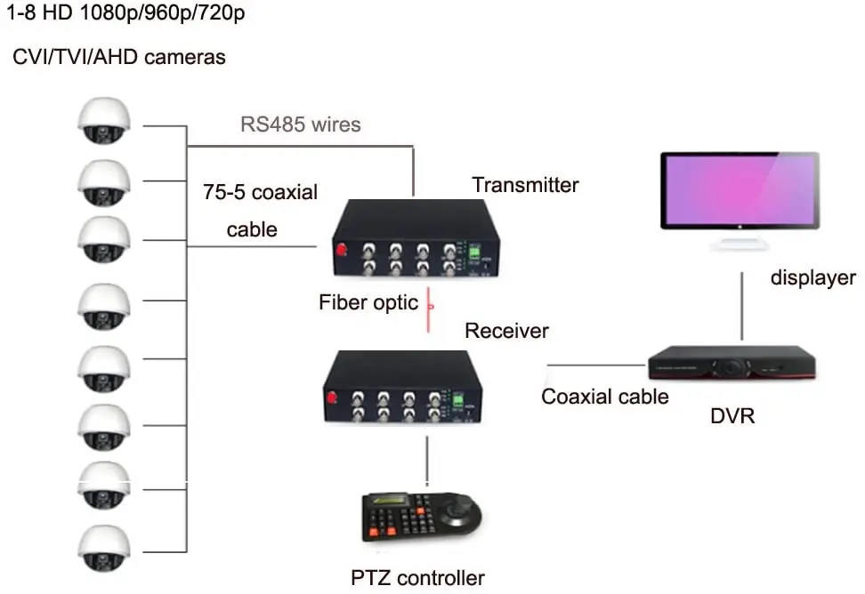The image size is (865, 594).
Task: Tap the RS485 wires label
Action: point(301,124)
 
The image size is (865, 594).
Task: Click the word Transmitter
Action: point(525,185)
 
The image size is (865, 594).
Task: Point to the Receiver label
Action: point(506,331)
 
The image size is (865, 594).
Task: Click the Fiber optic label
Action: point(368,302)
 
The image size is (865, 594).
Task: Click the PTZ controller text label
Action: point(417,578)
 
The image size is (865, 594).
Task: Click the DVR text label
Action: point(733,414)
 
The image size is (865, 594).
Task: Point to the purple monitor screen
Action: point(740,190)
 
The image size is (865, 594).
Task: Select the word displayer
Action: point(812,278)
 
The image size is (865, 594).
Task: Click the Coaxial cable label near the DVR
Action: point(605,396)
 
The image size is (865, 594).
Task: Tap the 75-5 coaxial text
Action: point(260,191)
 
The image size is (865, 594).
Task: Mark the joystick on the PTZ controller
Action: point(460,511)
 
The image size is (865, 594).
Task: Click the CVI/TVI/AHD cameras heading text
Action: point(119,58)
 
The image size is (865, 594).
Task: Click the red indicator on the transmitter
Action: point(342,251)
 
